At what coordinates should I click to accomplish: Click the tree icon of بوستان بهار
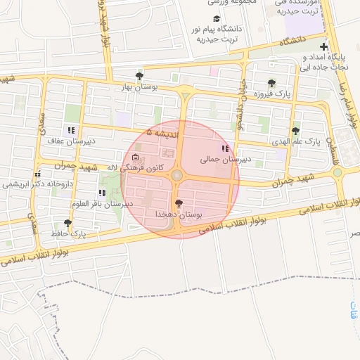[x=139, y=76]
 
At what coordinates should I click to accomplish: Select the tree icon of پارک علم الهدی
[x=295, y=131]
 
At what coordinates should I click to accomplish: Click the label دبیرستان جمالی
[x=225, y=160]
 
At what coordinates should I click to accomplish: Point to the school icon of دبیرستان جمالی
[x=225, y=148]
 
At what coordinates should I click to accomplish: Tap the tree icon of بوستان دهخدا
[x=179, y=203]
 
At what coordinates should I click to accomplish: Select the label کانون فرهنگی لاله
[x=135, y=168]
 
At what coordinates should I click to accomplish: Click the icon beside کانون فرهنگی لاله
[x=135, y=157]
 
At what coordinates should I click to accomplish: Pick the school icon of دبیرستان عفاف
[x=71, y=130]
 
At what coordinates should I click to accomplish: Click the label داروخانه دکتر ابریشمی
[x=39, y=184]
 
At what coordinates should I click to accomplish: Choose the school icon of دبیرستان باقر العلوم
[x=102, y=192]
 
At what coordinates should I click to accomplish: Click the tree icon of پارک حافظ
[x=67, y=223]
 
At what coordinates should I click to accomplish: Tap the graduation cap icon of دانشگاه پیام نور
[x=217, y=19]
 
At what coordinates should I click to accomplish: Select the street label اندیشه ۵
[x=162, y=131]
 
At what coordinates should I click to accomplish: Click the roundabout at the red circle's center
[x=178, y=174]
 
